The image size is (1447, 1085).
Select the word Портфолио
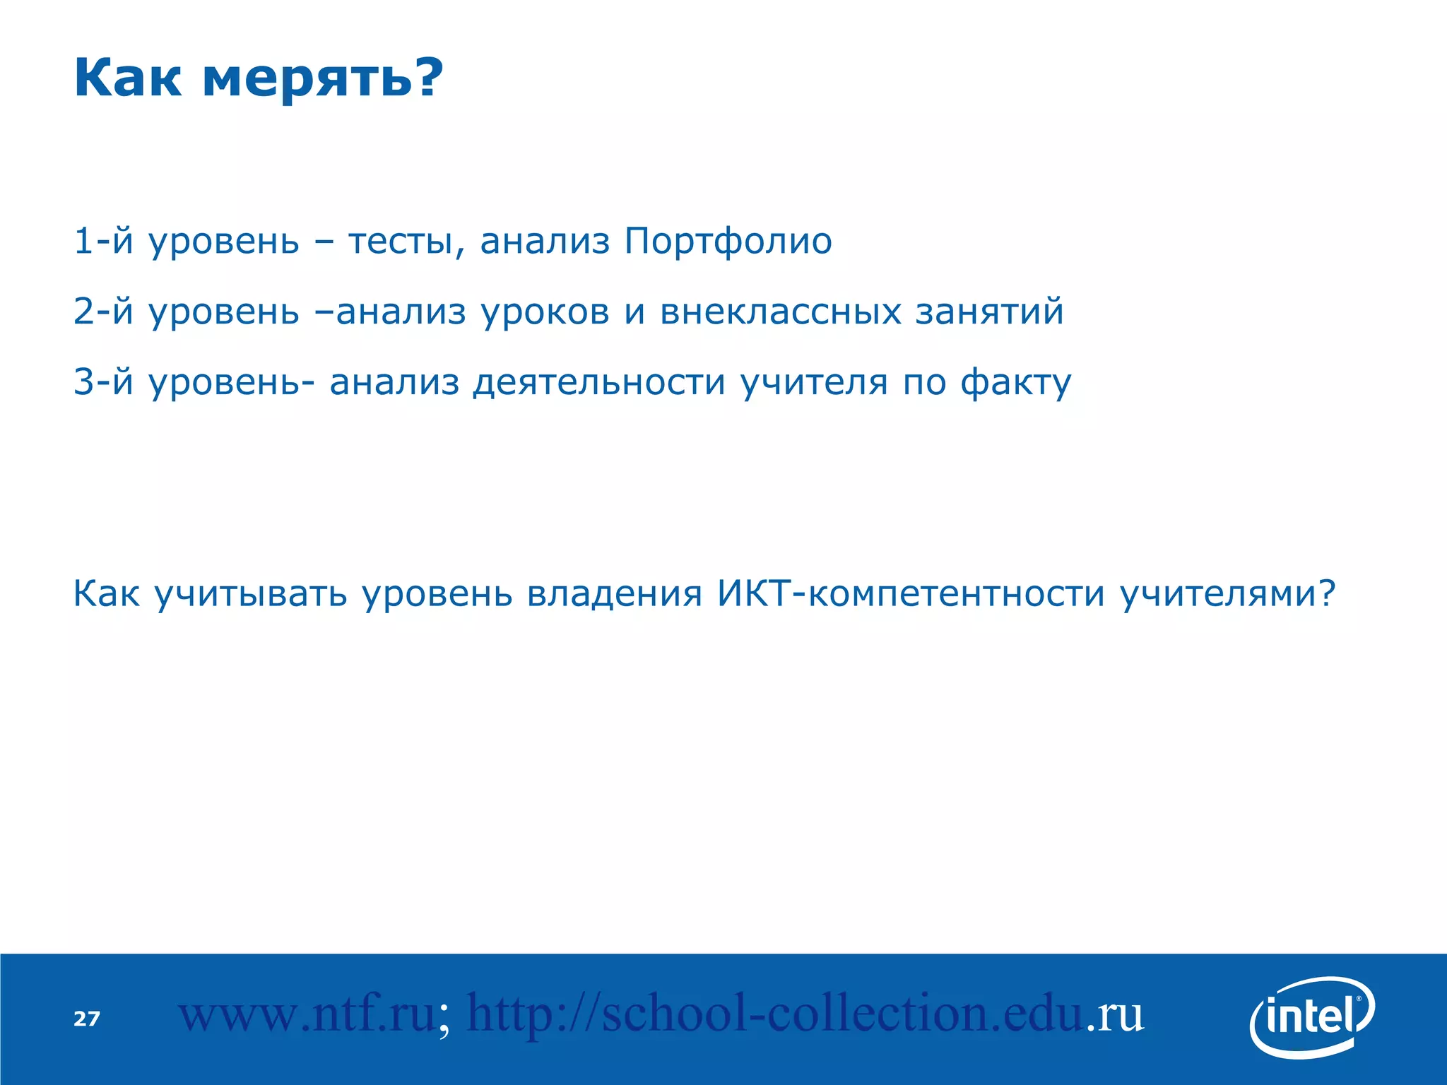[728, 241]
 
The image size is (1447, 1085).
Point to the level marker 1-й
[103, 241]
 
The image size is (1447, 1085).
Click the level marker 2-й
[103, 312]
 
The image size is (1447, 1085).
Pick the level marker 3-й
[103, 382]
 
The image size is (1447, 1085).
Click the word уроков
[545, 312]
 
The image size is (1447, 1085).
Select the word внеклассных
[781, 312]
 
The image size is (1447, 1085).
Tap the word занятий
[989, 312]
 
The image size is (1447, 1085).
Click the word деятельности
[599, 382]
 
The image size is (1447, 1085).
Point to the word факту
[1016, 382]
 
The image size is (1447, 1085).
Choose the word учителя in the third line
[814, 382]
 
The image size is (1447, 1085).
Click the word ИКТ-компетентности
[911, 593]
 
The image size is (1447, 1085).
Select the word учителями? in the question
[1228, 593]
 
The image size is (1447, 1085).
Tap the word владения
[615, 593]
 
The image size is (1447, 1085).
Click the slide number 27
[87, 1019]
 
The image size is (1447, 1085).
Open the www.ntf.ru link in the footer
[307, 1014]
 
